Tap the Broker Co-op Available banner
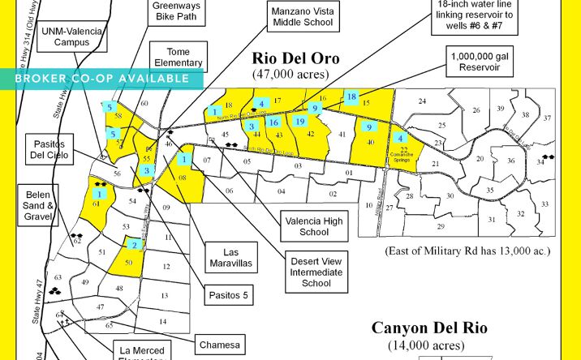point(101,79)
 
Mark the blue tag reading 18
point(351,97)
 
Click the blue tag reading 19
point(299,122)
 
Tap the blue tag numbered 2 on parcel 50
point(135,244)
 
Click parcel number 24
point(422,101)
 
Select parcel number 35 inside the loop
point(490,191)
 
